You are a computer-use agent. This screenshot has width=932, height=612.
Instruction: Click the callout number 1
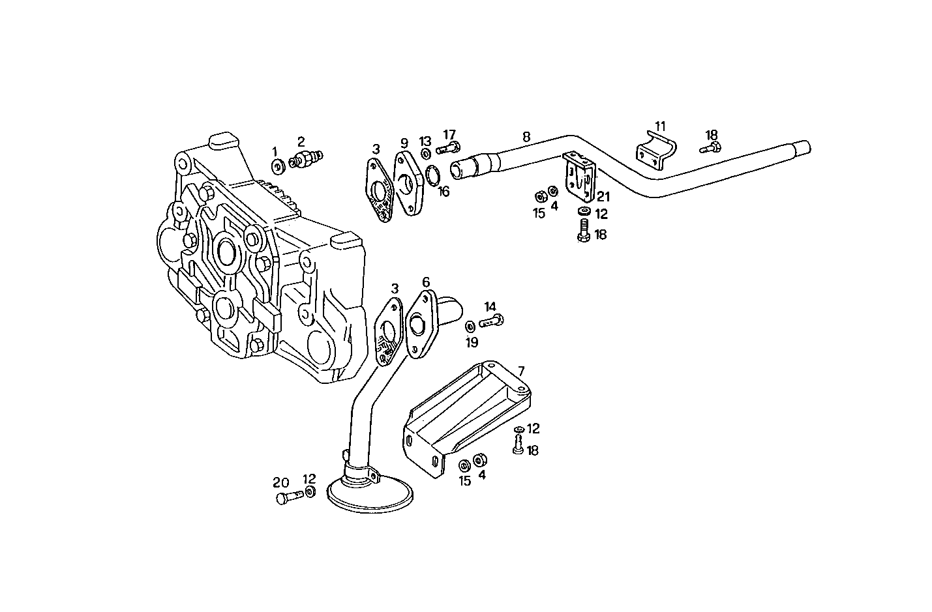point(275,151)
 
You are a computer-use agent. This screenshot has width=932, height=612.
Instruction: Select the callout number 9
point(404,142)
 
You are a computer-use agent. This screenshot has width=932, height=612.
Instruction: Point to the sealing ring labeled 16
point(431,175)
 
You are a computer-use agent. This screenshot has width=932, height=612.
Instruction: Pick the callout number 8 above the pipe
point(526,137)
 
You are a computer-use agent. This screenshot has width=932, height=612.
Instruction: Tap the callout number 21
point(603,196)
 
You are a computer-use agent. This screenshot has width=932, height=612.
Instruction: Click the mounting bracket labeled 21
point(580,177)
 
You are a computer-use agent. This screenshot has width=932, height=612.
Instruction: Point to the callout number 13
point(425,141)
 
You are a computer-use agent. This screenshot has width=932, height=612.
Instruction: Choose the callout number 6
point(426,282)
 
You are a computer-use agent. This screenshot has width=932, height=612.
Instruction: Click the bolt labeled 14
point(492,321)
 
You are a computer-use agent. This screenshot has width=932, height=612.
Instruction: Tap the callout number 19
point(472,342)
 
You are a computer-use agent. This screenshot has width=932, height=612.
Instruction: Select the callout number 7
point(521,371)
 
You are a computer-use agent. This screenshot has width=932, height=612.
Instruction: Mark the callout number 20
point(280,482)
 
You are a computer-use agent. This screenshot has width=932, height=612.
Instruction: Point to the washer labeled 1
point(278,167)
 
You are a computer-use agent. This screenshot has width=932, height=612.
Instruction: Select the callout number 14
point(490,306)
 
